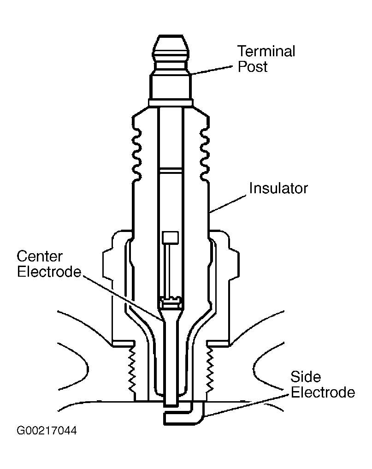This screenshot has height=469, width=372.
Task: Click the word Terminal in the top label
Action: click(x=266, y=51)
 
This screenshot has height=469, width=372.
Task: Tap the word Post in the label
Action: click(x=253, y=66)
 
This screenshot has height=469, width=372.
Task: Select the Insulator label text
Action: click(x=278, y=188)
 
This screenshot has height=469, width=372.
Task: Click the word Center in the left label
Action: click(x=40, y=256)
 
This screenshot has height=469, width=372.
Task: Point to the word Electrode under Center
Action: click(x=49, y=272)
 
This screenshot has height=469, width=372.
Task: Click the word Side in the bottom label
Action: click(x=306, y=377)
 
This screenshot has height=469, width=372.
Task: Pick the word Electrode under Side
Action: click(x=323, y=392)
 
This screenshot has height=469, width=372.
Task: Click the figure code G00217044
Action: click(x=47, y=430)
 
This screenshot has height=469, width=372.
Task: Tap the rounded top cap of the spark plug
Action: click(x=171, y=49)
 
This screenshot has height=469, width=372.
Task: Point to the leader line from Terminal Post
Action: click(x=212, y=71)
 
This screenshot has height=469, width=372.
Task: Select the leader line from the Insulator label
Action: click(x=228, y=204)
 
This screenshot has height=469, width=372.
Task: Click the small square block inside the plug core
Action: click(x=170, y=237)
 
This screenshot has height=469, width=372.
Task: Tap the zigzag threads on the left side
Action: click(x=131, y=371)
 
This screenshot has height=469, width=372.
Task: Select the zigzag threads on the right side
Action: click(x=210, y=371)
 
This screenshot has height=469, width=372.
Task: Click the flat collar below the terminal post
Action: click(x=171, y=103)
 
